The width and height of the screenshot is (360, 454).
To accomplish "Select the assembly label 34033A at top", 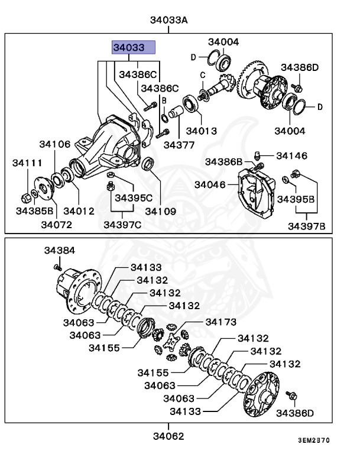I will [x=168, y=20].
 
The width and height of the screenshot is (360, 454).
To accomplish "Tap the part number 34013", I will [x=201, y=131].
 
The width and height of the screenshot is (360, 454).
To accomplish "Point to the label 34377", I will [x=179, y=144].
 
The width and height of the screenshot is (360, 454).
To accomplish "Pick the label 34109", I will [x=161, y=210].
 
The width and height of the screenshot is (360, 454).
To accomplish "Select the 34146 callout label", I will [x=291, y=156].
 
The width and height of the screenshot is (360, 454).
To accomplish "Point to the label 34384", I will [x=60, y=251].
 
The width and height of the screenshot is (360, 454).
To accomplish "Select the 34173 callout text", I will [x=220, y=322].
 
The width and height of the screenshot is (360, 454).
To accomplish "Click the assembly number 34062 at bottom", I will [x=168, y=436].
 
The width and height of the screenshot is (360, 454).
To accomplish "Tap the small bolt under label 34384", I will [x=59, y=267].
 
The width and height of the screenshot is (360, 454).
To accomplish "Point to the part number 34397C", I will [x=122, y=224].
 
